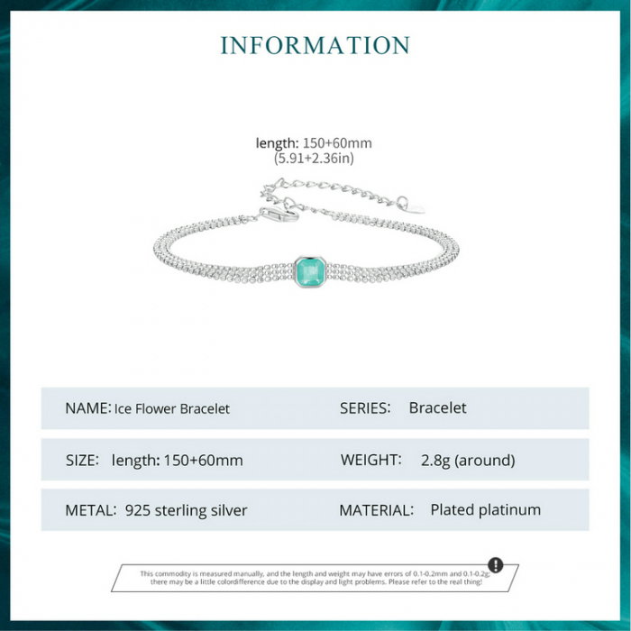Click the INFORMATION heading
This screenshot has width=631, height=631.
[315, 45]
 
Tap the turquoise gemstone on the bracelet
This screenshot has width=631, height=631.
[310, 272]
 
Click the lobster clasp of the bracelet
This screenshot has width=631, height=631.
[279, 215]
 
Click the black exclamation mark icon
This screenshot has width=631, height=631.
[496, 564]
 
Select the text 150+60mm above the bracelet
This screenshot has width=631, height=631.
[337, 142]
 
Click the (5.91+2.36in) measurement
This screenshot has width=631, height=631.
[314, 158]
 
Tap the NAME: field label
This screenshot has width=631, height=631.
[87, 408]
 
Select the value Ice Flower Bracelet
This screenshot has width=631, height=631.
[172, 409]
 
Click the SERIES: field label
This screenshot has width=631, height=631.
[365, 408]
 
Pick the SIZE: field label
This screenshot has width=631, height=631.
[82, 460]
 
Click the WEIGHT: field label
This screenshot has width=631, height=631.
[371, 460]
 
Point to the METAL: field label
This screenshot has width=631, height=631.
[90, 510]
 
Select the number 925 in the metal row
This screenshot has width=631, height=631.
[138, 510]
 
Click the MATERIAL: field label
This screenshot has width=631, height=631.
[376, 510]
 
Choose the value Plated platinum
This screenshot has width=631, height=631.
[486, 510]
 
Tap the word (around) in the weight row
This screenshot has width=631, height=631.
[485, 461]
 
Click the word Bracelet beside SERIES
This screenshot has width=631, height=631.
[438, 408]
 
